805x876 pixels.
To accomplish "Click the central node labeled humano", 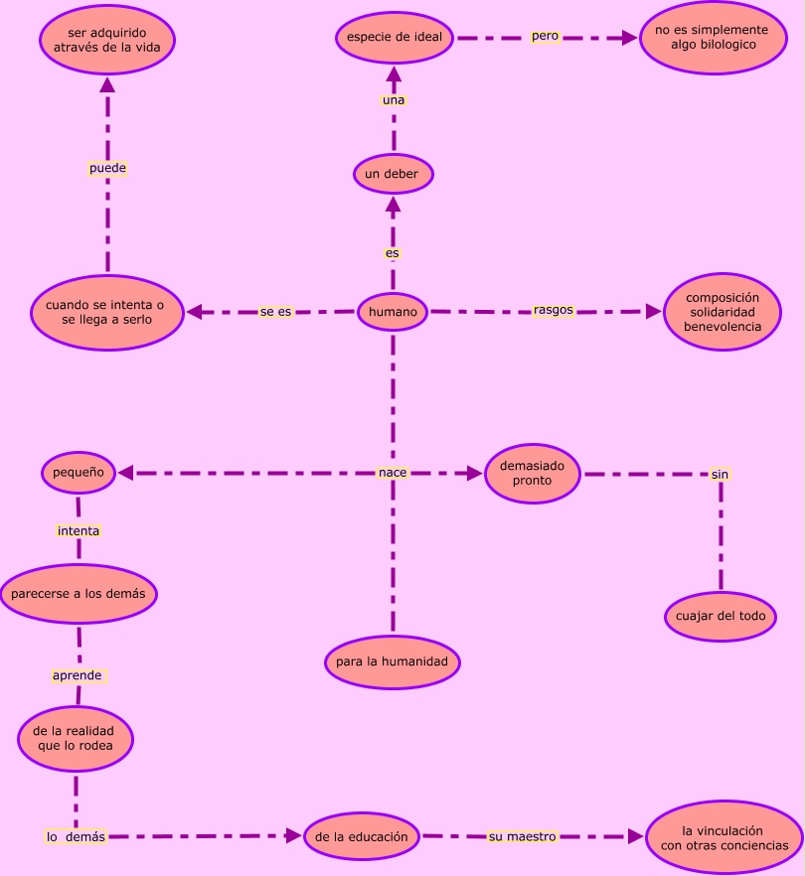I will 393,312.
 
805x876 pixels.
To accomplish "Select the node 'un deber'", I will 393,175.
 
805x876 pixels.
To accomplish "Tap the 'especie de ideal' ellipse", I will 395,38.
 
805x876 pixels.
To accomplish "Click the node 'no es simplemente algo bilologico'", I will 712,38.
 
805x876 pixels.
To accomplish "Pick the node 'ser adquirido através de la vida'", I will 107,40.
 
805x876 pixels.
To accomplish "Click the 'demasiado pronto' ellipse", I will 532,474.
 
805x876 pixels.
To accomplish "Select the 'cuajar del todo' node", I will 721,616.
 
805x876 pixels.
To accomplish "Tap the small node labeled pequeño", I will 79,473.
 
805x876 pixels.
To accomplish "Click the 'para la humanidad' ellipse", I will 392,661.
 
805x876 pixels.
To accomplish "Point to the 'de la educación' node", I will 362,836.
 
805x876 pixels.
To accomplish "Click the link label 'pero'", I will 545,36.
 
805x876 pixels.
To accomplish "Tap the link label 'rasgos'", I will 554,310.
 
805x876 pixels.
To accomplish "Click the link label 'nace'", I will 393,473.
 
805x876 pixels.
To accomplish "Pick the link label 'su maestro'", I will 523,837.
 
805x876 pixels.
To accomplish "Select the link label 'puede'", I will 107,169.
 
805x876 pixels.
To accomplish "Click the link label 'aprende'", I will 78,675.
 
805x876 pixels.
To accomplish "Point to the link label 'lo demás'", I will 76,837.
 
